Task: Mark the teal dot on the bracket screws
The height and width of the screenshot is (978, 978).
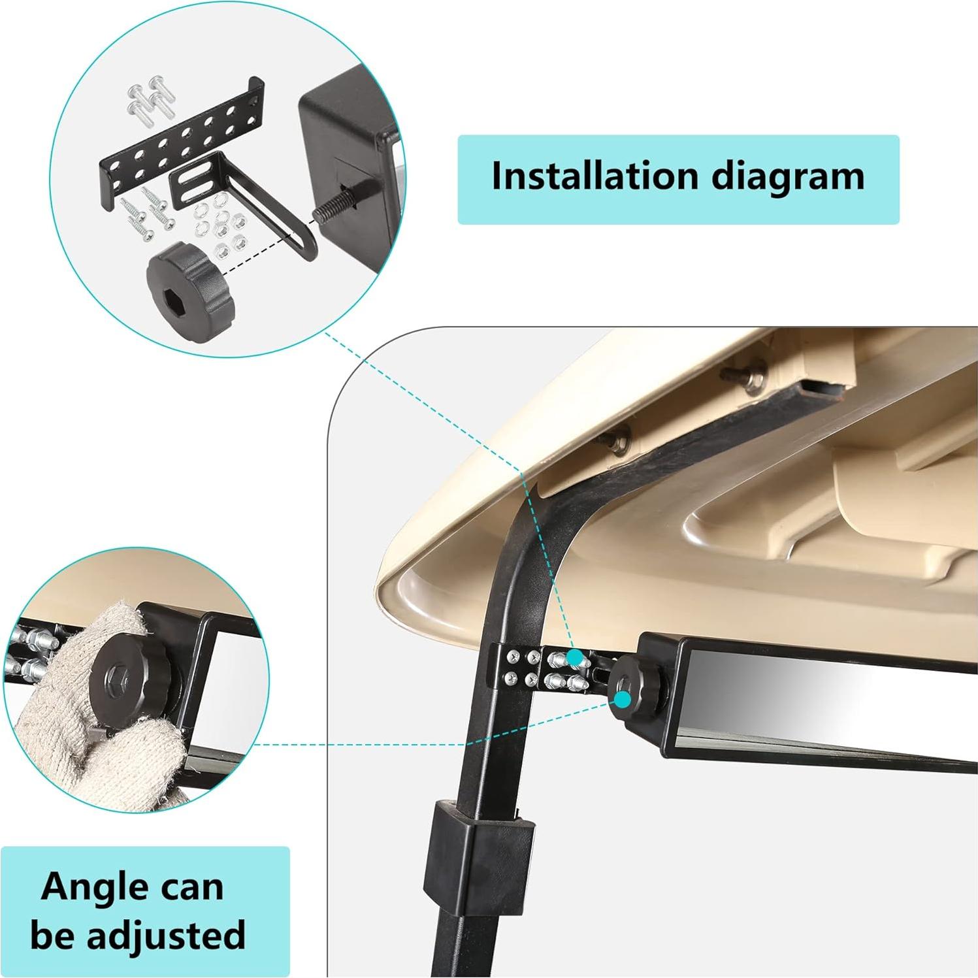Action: tap(574, 657)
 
